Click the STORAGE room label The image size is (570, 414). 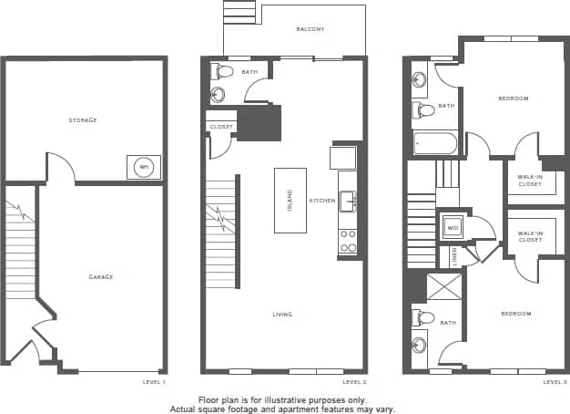83,120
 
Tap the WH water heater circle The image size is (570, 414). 143,168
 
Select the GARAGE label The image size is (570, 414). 101,276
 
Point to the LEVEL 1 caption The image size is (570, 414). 154,382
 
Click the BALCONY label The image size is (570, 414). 310,29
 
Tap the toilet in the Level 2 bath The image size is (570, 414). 219,71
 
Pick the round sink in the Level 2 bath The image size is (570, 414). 219,94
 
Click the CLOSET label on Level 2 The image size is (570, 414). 220,127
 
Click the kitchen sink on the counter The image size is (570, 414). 347,202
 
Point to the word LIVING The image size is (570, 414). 282,315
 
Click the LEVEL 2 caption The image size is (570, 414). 354,382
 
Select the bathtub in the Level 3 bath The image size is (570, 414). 434,143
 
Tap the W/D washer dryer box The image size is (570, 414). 453,227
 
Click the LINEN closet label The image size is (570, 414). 455,257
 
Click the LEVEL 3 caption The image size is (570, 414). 555,382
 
